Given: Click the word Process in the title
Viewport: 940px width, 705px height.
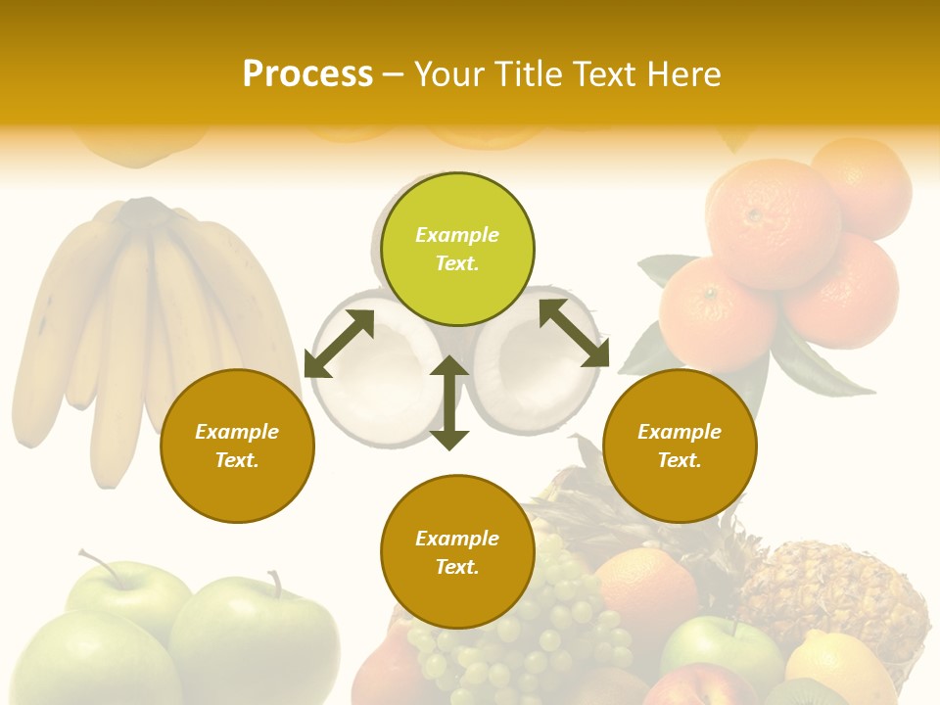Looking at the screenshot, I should (x=307, y=74).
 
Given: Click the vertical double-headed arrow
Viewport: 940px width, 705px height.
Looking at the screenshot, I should (x=449, y=402).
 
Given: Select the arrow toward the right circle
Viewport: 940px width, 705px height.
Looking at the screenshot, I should (x=574, y=333).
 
